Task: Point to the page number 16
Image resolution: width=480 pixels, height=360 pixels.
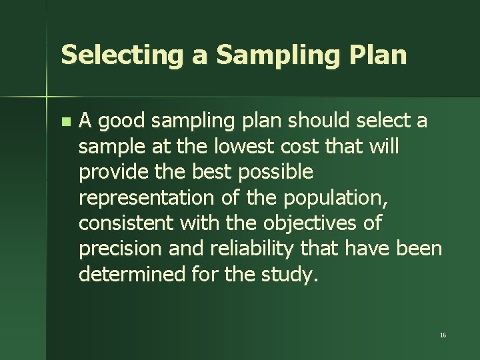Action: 443,335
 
